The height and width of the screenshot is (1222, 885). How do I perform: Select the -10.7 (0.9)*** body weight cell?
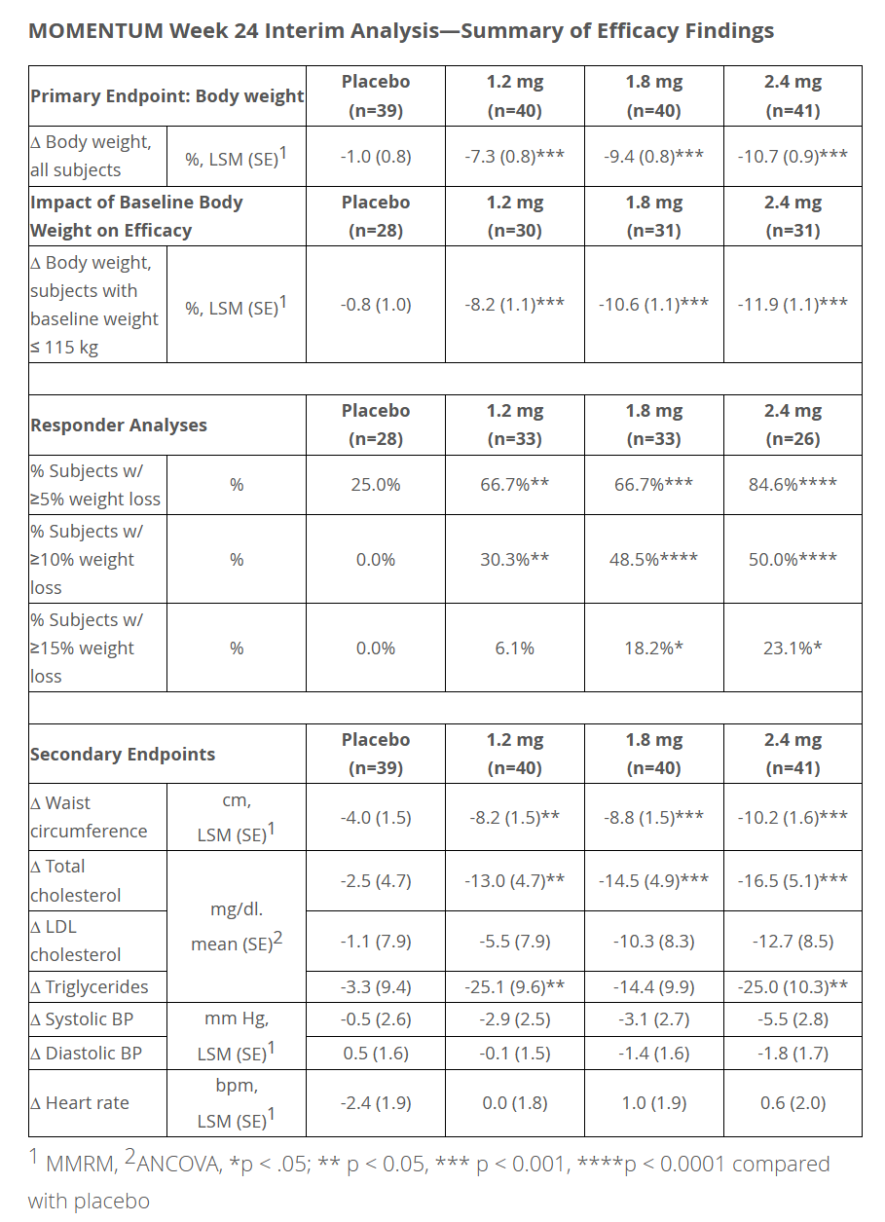point(793,156)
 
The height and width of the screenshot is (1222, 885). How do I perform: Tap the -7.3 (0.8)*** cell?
point(514,156)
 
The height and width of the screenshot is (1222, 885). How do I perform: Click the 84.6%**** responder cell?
point(793,484)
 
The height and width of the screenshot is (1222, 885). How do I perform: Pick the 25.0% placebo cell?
point(376,484)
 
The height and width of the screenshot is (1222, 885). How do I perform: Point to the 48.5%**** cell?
point(653,559)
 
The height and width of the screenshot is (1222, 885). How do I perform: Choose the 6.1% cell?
point(514,648)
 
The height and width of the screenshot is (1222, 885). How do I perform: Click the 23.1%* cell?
point(793,648)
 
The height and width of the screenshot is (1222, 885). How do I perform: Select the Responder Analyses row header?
point(119,426)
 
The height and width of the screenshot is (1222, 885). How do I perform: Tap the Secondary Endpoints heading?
point(123,755)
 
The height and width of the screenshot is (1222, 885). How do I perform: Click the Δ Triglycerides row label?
point(90,987)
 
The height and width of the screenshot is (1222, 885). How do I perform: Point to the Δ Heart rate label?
point(80,1103)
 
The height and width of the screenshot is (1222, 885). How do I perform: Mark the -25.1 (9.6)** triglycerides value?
point(514,987)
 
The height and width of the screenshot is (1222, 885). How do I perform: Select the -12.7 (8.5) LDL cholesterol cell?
point(793,942)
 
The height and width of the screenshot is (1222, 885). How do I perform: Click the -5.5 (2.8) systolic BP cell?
point(793,1020)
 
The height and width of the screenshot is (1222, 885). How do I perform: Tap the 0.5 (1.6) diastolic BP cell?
point(376,1054)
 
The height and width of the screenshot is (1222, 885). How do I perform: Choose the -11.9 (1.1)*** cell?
point(793,304)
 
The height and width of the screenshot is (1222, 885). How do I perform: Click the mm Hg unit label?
point(237,1020)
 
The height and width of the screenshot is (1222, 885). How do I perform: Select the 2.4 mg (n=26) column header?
point(793,426)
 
